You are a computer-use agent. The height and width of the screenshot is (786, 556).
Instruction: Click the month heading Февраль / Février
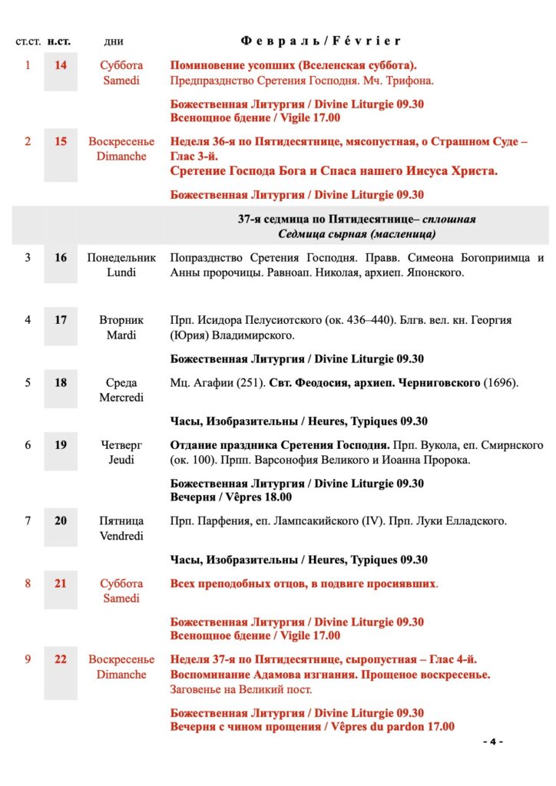click(320, 41)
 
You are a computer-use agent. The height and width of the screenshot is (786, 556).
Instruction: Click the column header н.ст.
click(60, 41)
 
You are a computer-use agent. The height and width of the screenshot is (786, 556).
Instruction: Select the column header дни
click(114, 41)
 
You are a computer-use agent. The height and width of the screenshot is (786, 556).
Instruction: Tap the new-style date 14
click(60, 65)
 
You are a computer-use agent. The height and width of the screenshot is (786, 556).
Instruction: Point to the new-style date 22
click(60, 659)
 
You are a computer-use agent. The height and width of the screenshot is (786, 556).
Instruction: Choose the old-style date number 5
click(28, 382)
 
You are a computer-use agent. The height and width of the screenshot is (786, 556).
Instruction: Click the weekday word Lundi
click(121, 272)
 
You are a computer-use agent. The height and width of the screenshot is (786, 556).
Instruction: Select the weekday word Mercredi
click(121, 398)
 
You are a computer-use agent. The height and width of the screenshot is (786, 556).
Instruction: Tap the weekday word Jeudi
click(121, 460)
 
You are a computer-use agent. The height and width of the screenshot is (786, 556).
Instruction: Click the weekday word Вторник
click(121, 320)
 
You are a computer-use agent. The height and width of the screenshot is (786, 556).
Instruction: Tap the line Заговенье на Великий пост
click(241, 689)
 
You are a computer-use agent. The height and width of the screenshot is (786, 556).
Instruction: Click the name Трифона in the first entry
click(410, 81)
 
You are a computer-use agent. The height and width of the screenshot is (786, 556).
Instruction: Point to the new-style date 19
click(60, 444)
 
